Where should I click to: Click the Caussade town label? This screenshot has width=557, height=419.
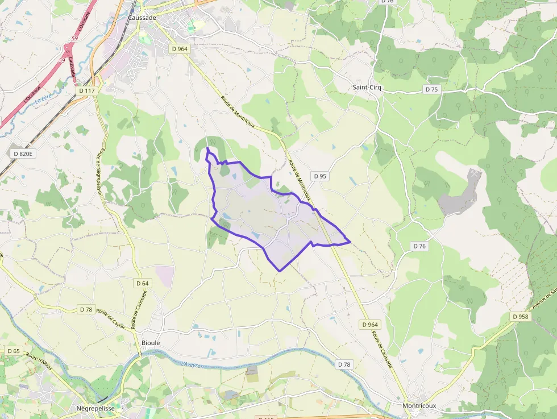click(x=142, y=18)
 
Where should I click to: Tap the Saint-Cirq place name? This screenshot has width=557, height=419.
click(x=368, y=88)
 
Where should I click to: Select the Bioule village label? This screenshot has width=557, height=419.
click(x=151, y=343)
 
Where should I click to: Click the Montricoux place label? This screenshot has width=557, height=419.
click(x=419, y=405)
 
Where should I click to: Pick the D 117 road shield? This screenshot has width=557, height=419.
click(x=87, y=90)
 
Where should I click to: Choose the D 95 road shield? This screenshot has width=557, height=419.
click(x=319, y=176)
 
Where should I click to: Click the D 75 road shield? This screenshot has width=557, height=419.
click(x=432, y=89)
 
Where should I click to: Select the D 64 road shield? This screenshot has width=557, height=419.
click(x=143, y=283)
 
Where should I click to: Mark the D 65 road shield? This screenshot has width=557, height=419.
click(x=13, y=351)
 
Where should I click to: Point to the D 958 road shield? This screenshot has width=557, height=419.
click(x=521, y=317)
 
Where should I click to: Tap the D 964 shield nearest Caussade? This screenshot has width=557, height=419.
click(x=180, y=49)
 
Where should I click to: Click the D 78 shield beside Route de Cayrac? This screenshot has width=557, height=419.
click(x=86, y=309)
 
